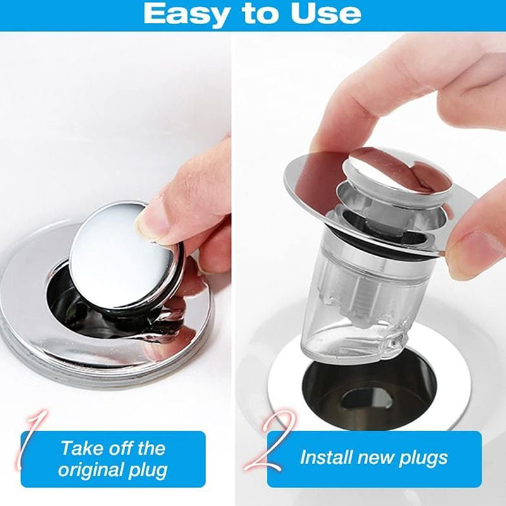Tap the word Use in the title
326,13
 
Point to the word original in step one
91,470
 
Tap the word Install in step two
326,457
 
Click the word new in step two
375,457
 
